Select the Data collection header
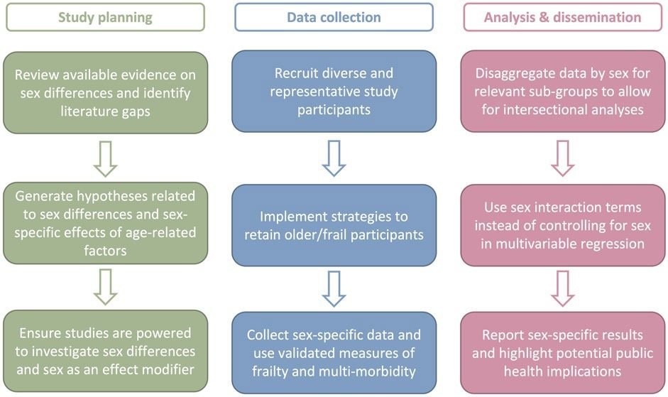(334, 17)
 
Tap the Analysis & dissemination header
(562, 17)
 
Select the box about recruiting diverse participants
(334, 91)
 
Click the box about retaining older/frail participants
(334, 224)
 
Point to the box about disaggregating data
(562, 91)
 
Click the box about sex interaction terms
(562, 224)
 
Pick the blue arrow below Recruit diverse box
(334, 158)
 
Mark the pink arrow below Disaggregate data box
(562, 158)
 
